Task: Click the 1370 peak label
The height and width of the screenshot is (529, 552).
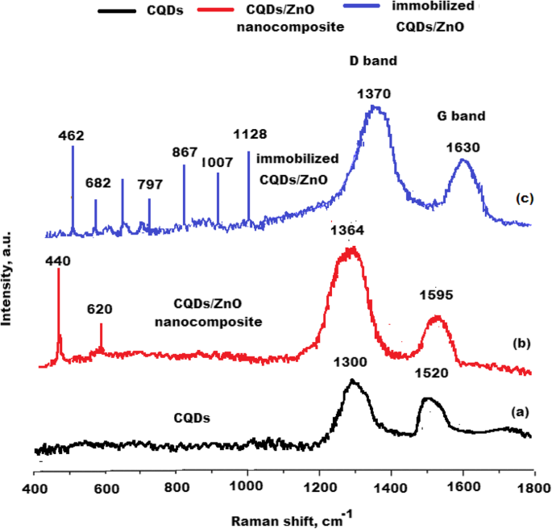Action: point(373,94)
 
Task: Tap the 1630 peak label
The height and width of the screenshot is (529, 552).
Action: point(463,148)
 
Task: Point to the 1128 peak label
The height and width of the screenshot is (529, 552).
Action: point(250,134)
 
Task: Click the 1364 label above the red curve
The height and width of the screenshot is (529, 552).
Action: point(347,231)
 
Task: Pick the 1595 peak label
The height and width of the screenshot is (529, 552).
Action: point(437,295)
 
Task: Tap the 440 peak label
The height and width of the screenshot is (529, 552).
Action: point(58,260)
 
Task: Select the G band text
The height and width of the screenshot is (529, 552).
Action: point(461,115)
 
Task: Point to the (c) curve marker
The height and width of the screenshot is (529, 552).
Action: point(522,198)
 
